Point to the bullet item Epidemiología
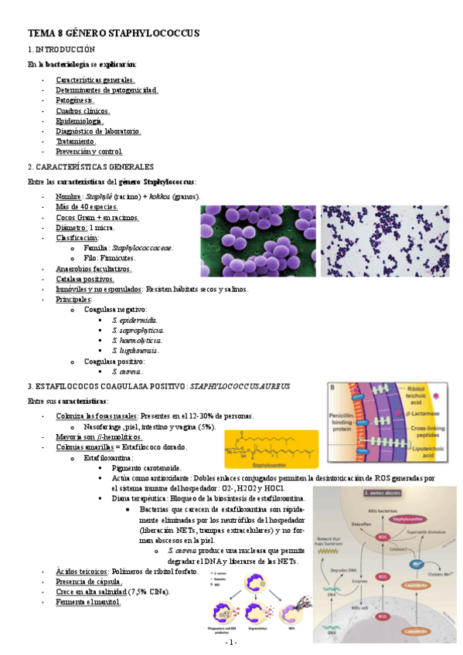(80, 121)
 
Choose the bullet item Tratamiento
(76, 142)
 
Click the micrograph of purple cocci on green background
(257, 240)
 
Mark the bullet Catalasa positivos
(85, 279)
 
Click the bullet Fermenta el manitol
(88, 602)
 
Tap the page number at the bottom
(231, 643)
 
